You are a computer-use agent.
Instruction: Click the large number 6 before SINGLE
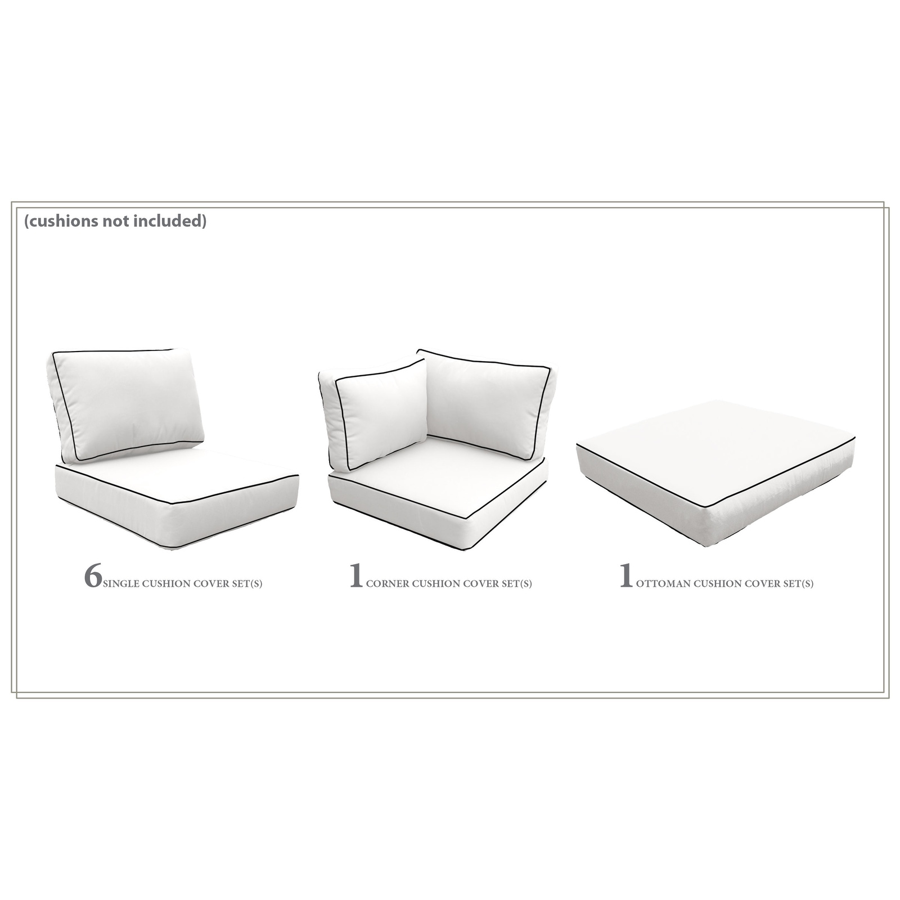(x=93, y=575)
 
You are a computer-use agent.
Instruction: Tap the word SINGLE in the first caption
(x=121, y=584)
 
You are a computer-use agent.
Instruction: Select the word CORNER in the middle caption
(x=388, y=584)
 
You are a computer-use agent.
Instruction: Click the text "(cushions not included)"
(x=115, y=221)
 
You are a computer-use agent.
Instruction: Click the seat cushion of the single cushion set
(x=177, y=495)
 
